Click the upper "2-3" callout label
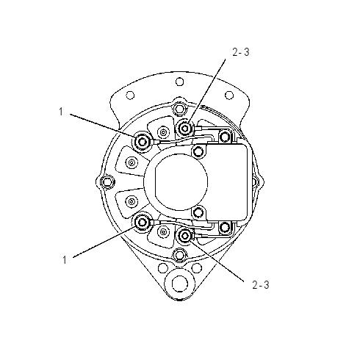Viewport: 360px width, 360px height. click(x=241, y=52)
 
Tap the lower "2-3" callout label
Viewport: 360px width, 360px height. click(x=261, y=285)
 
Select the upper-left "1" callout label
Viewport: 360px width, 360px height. click(x=61, y=112)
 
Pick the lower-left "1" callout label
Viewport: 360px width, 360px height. click(x=65, y=260)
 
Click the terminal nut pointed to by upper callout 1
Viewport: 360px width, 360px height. click(x=143, y=141)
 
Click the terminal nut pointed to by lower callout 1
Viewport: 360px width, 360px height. click(x=143, y=222)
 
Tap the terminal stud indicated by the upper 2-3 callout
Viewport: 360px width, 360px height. click(x=184, y=128)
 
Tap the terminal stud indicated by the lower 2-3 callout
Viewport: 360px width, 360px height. click(x=184, y=236)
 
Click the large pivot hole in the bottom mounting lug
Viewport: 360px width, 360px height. click(x=180, y=284)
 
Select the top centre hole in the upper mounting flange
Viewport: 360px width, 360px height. click(x=180, y=82)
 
